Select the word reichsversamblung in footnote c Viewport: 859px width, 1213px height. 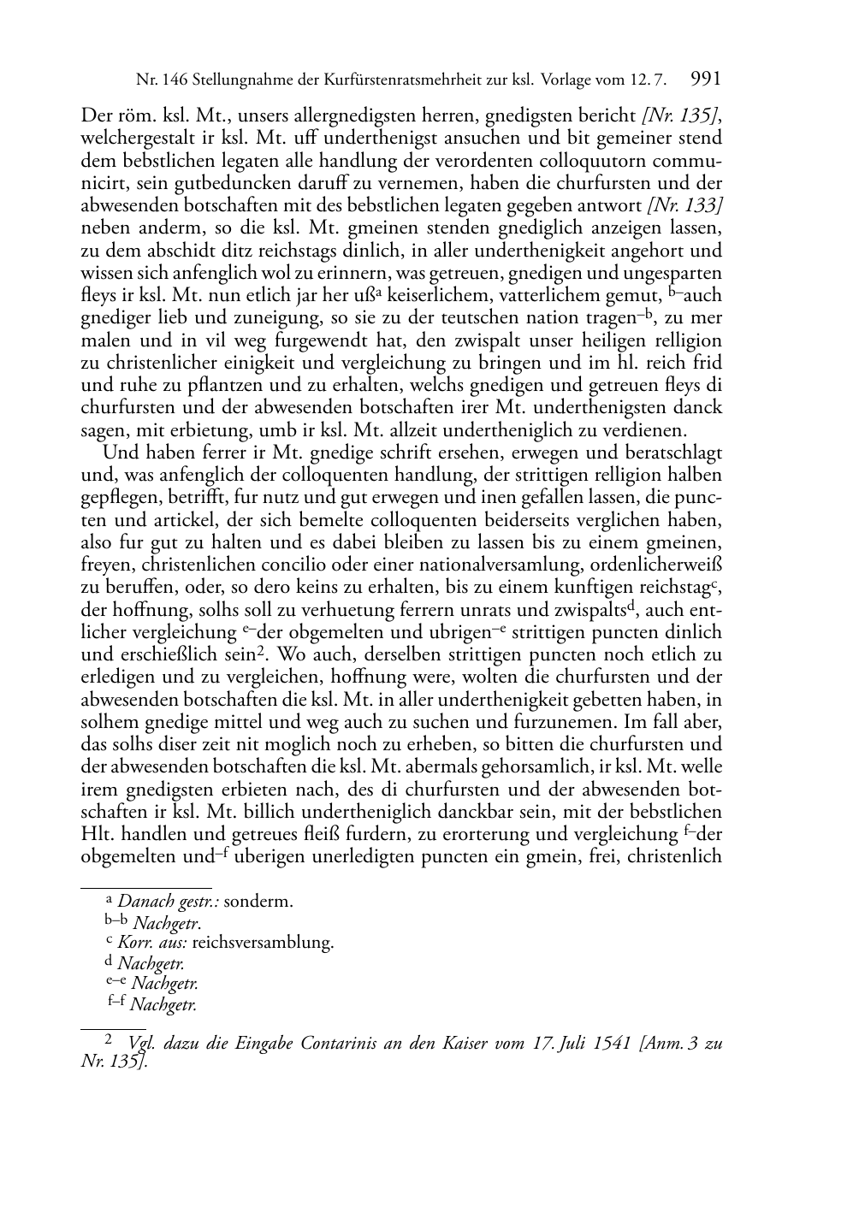(x=263, y=943)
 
